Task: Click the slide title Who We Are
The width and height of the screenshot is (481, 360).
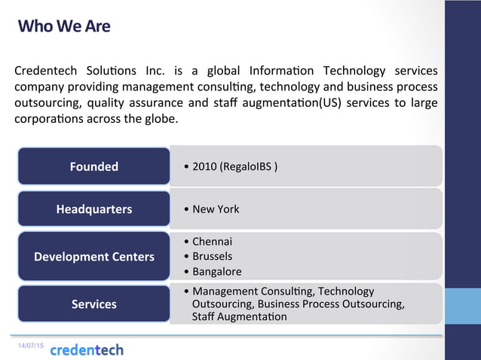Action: click(x=64, y=26)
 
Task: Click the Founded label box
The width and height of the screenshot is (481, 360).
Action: click(x=94, y=166)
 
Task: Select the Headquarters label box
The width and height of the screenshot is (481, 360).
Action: click(x=94, y=209)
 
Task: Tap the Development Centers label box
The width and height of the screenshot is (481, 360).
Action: click(x=94, y=257)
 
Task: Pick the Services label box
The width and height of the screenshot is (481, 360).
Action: click(x=94, y=304)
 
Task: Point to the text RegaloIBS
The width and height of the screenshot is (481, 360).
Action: click(x=246, y=166)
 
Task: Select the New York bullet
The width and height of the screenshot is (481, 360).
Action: click(x=216, y=209)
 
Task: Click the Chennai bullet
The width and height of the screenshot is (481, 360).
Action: click(x=212, y=242)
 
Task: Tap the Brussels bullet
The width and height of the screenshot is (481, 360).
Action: click(x=212, y=256)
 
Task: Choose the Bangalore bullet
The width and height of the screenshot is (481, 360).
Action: click(x=216, y=271)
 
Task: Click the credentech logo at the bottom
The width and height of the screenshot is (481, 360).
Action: click(x=87, y=349)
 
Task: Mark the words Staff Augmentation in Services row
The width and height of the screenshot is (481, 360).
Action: click(x=240, y=317)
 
